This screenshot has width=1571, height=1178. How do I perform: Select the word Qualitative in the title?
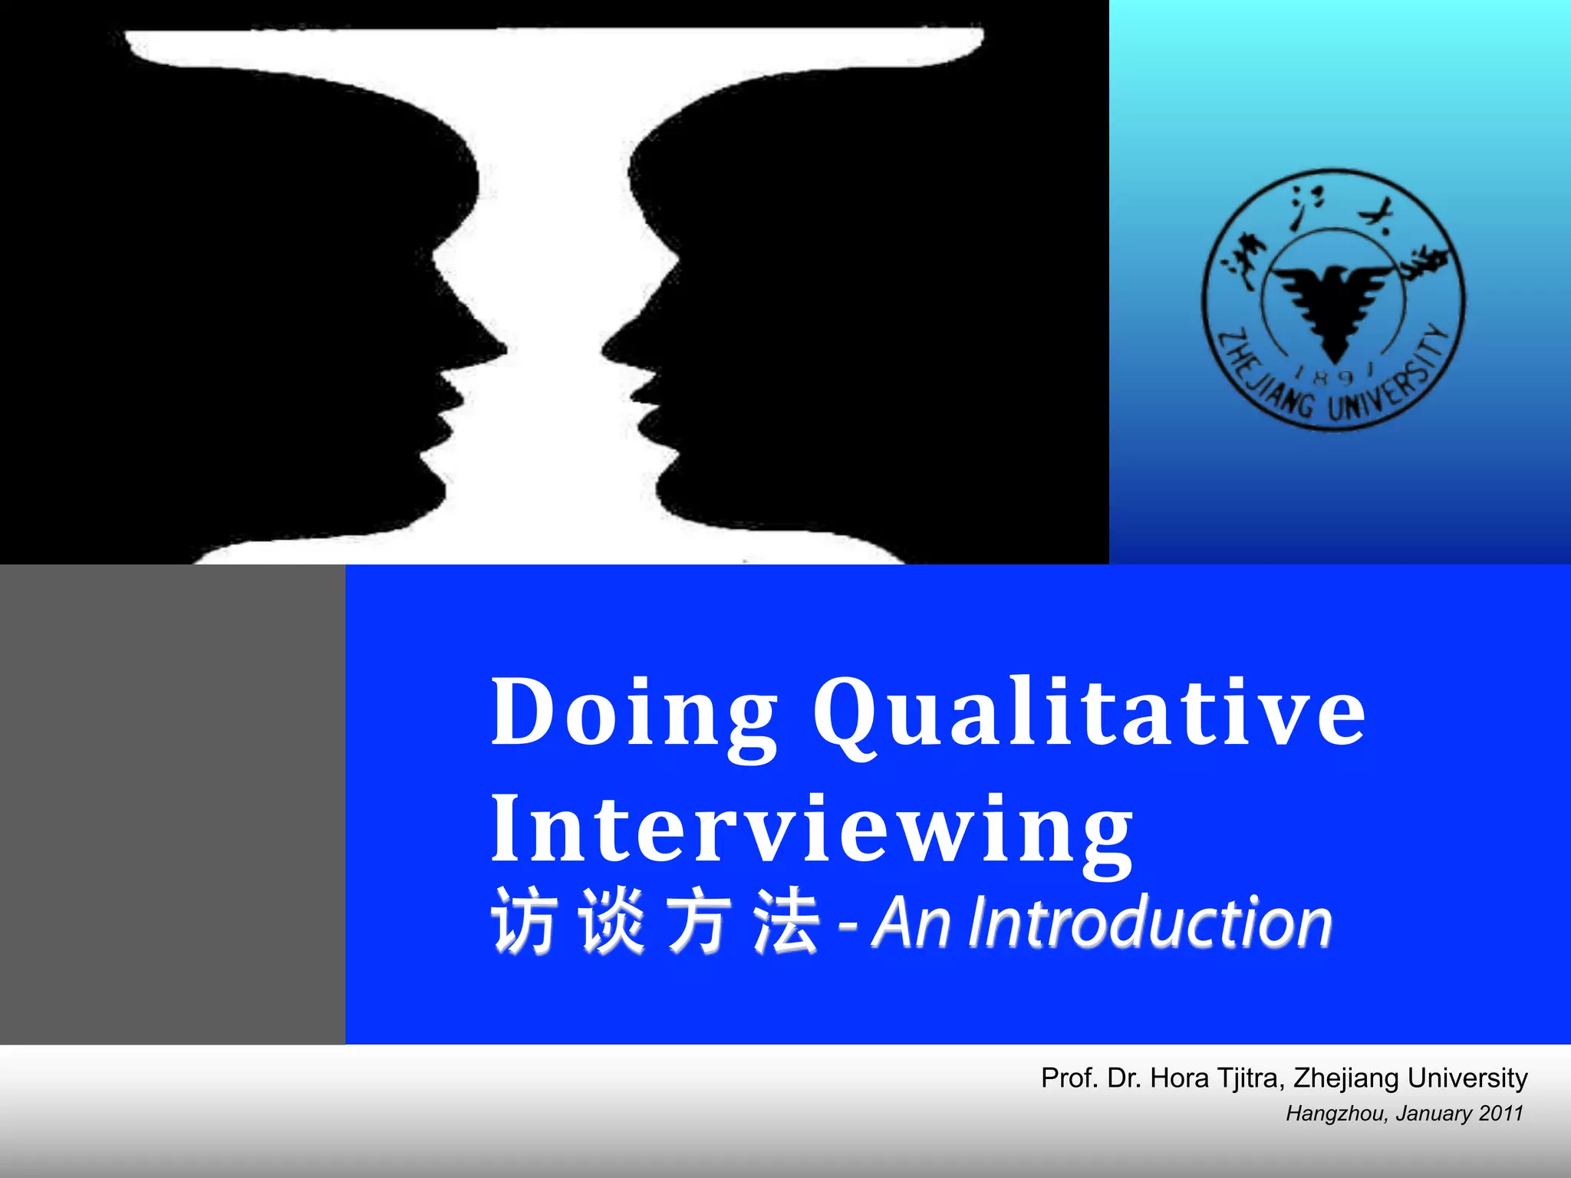(x=1089, y=713)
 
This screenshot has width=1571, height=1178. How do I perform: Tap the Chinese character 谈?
(x=612, y=922)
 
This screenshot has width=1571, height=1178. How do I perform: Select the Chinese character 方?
(x=698, y=922)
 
